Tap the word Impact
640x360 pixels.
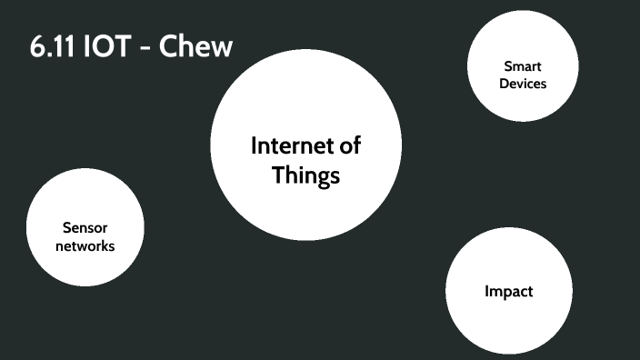click(508, 292)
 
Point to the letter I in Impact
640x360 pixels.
click(487, 292)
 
